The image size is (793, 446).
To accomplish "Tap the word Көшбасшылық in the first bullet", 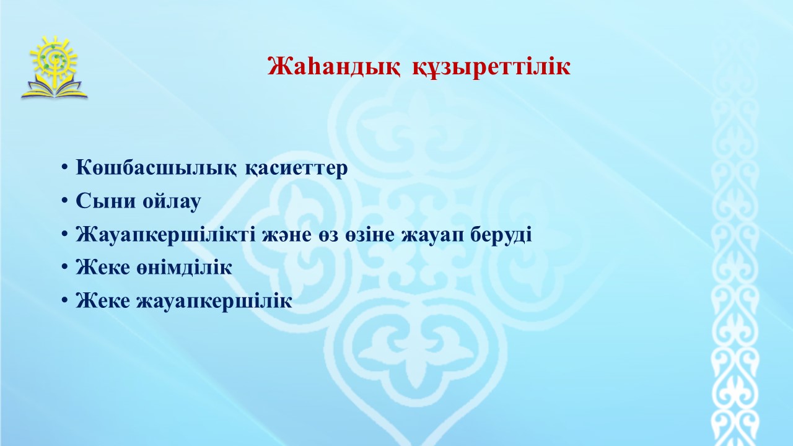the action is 156,167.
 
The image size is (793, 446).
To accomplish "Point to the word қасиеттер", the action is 296,168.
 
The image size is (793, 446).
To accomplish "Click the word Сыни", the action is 105,201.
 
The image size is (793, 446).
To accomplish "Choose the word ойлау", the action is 172,201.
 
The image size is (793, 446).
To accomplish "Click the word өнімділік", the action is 184,267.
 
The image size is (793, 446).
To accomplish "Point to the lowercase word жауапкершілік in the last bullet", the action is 214,301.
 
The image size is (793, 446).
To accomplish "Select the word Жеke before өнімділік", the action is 102,267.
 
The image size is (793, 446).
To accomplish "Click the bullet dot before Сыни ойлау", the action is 64,200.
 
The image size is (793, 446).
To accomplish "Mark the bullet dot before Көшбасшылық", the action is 64,167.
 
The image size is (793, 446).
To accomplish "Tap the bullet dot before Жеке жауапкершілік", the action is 64,300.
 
